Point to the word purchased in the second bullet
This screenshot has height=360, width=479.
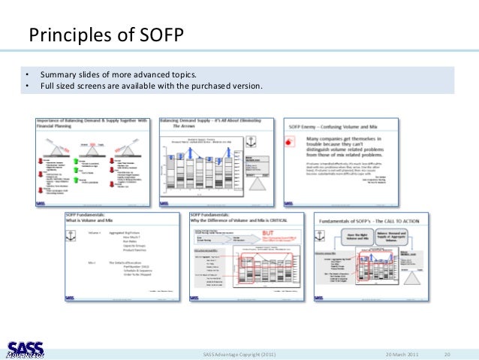212,86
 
